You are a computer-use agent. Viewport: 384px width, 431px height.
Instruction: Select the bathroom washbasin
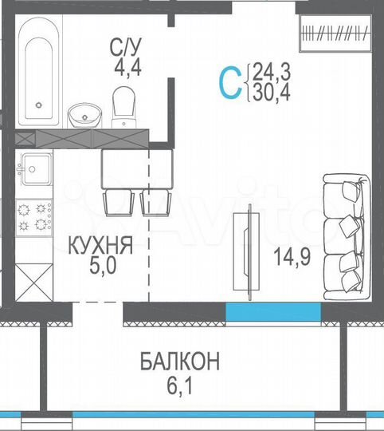(x=82, y=117)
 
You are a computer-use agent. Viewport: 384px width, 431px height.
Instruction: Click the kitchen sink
(x=35, y=169)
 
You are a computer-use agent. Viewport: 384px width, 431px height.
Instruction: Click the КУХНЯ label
(x=100, y=247)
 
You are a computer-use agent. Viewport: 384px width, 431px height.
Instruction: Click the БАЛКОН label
(x=180, y=362)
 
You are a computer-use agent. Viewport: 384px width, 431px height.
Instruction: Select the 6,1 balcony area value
(x=180, y=383)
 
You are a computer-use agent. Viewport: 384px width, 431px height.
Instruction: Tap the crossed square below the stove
(x=33, y=282)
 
